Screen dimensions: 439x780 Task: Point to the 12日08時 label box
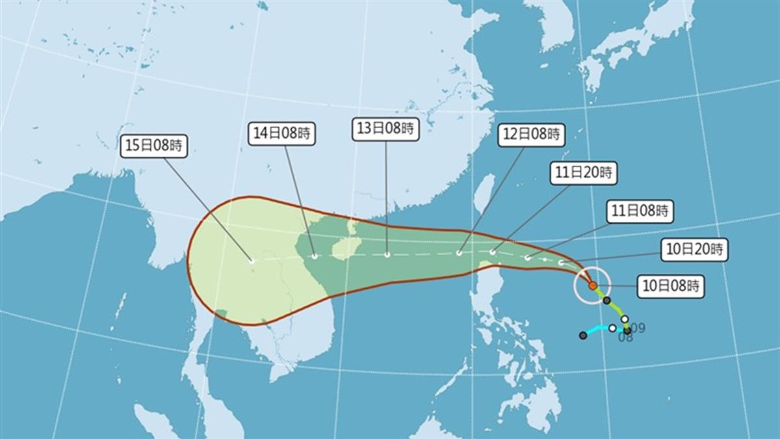point(531,135)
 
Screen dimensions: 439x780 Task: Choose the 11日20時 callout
point(583,173)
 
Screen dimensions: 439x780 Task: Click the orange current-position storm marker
point(592,285)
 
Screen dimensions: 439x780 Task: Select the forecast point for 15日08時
point(252,261)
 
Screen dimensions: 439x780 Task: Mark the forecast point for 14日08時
point(315,256)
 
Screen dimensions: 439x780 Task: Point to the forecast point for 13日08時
point(387,255)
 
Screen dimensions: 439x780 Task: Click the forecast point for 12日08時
point(459,253)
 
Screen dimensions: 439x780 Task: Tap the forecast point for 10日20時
point(560,263)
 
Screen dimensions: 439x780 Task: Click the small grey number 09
point(638,328)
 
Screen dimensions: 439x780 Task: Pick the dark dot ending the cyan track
point(583,336)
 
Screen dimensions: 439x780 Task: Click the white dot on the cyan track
point(612,328)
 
